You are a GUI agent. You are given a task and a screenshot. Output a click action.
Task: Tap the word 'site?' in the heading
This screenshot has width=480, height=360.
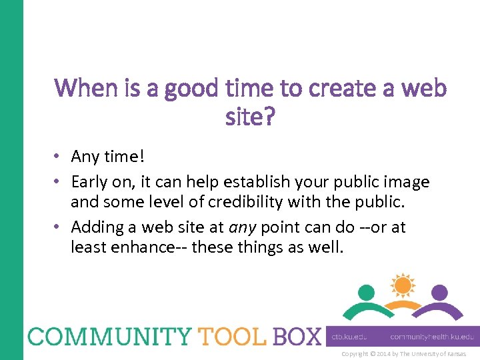[x=251, y=119]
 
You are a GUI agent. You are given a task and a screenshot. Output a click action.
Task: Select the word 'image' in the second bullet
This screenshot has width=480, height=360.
[x=409, y=181]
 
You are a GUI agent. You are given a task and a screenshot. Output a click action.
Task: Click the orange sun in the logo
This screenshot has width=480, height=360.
[x=402, y=285]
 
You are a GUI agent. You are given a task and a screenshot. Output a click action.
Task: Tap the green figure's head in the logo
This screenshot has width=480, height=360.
[x=365, y=292]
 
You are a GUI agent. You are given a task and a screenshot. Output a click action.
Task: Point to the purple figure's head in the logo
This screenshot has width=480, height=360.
[x=439, y=292]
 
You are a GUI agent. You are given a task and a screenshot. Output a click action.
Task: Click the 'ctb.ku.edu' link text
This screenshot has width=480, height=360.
[x=349, y=337]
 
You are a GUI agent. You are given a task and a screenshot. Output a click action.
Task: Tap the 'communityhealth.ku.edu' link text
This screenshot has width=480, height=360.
[x=432, y=337]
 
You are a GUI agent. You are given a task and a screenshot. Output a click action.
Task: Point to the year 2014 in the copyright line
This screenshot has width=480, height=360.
[x=384, y=354]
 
